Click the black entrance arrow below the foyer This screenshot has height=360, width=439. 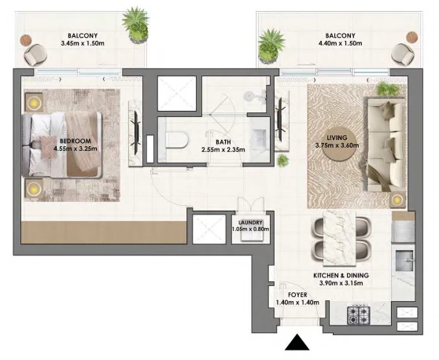(x=297, y=343)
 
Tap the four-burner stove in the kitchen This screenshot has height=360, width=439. (x=359, y=315)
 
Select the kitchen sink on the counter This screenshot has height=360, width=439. (x=404, y=261)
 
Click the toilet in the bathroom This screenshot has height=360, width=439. (x=176, y=140)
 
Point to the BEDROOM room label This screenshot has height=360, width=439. (x=76, y=141)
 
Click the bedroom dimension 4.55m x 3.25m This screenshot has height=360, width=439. (x=76, y=149)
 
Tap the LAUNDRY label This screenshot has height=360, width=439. (x=250, y=222)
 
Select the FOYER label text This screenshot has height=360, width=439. (x=297, y=295)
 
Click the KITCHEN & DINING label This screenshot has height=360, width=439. (x=341, y=276)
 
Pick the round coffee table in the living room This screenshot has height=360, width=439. (x=339, y=145)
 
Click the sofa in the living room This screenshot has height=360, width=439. (x=386, y=145)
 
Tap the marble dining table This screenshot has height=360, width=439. (x=339, y=237)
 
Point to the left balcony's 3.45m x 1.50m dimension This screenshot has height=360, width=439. (x=83, y=43)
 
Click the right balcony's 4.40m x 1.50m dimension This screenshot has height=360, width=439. (x=340, y=43)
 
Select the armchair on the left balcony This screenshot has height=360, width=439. (x=35, y=55)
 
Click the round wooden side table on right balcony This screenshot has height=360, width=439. (x=411, y=37)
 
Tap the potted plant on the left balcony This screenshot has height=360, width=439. (x=136, y=26)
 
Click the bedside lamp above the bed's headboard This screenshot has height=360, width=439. (x=34, y=103)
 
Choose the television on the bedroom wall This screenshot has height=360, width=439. (x=136, y=133)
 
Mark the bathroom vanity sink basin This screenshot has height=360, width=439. (x=260, y=139)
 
